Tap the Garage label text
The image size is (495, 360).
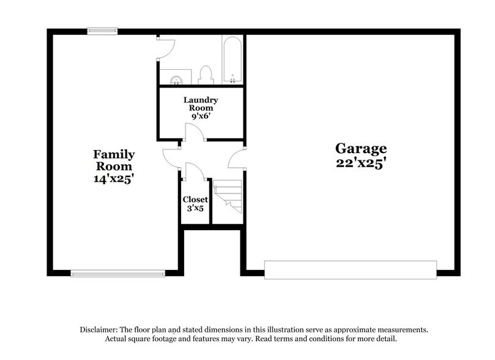[361, 148]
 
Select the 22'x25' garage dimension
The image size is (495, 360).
[361, 163]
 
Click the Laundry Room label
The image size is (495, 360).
[201, 103]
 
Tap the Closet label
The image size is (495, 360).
[196, 200]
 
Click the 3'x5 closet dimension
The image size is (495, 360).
[196, 209]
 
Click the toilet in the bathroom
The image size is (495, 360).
[206, 75]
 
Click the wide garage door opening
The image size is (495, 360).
[350, 270]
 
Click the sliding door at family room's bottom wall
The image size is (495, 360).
[117, 273]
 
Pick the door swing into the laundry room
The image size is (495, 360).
[193, 132]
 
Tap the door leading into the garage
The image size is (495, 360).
[236, 160]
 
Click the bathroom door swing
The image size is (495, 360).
[166, 45]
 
